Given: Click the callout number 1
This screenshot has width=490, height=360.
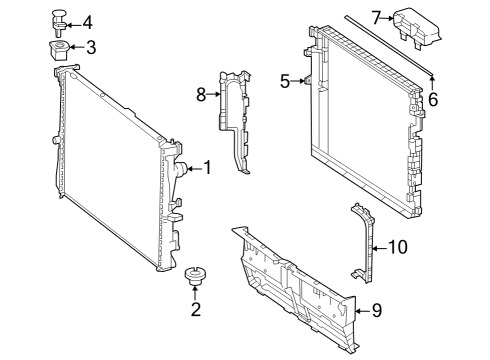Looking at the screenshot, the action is coord(207,168).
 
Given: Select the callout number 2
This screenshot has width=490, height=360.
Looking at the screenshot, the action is coord(196,309).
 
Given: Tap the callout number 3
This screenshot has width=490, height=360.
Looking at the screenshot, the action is coord(91,47).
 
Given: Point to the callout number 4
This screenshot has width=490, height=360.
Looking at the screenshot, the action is coord(87,23).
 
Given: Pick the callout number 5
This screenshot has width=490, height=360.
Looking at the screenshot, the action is coord(285,81).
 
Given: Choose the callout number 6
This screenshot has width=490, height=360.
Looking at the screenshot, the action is coord(433,99).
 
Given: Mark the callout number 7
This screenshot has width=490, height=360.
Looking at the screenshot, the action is coord(376,18).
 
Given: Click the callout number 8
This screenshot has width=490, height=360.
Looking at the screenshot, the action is coord(201,95).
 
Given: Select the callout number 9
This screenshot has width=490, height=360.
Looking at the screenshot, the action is coord(377,310).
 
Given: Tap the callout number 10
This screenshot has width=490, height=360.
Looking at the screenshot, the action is coord(398,247).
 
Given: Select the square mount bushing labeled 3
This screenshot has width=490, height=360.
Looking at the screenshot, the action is coord(59,50).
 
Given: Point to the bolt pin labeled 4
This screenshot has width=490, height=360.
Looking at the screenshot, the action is coord(59,22).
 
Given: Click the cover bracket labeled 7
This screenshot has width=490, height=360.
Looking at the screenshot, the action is coord(417,29).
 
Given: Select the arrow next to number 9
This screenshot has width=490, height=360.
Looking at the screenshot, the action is coord(363,311).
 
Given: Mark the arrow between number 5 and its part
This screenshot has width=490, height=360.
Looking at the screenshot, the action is coord(297,81).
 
